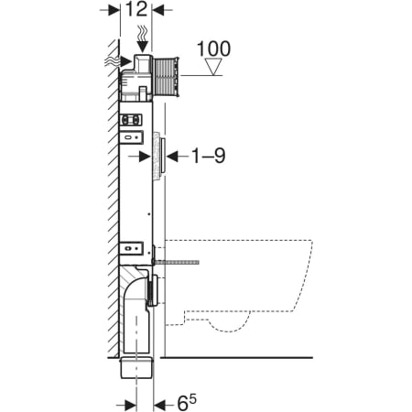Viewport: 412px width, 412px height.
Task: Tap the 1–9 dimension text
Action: [206, 156]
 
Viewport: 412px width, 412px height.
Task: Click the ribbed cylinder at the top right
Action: [167, 73]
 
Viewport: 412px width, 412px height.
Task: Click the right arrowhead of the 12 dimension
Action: [157, 11]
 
